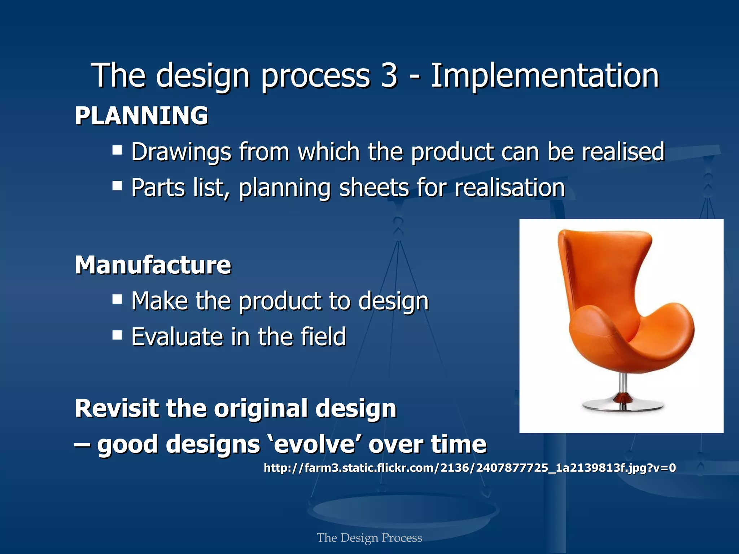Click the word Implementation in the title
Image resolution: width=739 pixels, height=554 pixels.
pos(545,76)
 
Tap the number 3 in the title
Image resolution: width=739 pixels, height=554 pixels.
pos(389,76)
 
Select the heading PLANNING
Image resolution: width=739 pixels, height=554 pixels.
pos(141,116)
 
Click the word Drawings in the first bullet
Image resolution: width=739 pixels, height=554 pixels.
pos(181,152)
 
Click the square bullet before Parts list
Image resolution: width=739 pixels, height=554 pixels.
pos(117,186)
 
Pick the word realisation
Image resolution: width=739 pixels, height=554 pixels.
pos(510,188)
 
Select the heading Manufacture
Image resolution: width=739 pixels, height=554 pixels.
pos(153,265)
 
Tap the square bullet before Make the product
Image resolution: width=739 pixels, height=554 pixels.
pos(117,299)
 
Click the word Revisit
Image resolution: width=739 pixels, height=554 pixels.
pos(117,409)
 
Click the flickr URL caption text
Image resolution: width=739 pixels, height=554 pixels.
pos(469,468)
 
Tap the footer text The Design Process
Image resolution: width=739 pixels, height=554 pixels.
pos(369,538)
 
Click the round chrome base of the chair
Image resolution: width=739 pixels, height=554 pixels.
pos(623,405)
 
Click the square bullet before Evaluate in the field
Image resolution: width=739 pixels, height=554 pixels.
pos(117,335)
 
